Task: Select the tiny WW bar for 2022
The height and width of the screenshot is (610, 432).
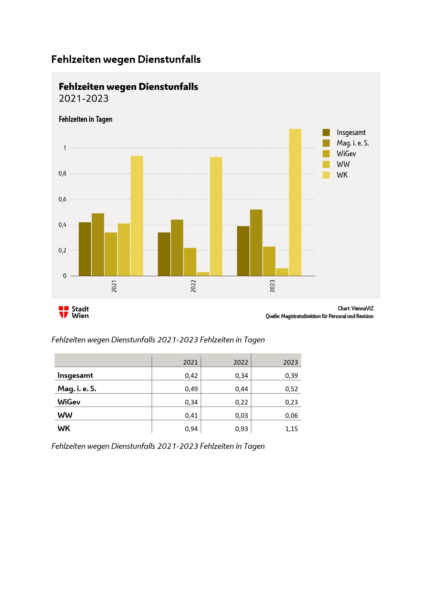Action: point(203,274)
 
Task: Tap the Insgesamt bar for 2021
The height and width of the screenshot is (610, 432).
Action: point(85,249)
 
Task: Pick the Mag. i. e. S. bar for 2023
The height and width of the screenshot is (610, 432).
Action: point(256,243)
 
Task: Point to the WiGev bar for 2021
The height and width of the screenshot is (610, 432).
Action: point(111,254)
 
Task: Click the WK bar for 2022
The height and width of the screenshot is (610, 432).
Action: point(216,216)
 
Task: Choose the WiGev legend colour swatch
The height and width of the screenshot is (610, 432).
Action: point(326,154)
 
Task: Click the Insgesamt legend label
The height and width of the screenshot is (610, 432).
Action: point(351,132)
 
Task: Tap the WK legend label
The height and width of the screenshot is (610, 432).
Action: point(342,175)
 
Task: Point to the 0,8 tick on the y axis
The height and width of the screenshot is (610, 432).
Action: point(62,173)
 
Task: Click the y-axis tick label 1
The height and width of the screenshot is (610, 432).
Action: point(65,148)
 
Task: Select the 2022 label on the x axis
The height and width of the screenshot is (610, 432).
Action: point(193,286)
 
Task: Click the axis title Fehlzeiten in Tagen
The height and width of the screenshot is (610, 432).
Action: point(85,119)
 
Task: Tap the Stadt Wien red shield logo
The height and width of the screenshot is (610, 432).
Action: point(63,312)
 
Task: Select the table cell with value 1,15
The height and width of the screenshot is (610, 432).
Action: point(291,429)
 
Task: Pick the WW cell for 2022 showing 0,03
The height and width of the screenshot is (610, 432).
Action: point(241,415)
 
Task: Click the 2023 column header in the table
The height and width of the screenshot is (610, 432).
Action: point(290,363)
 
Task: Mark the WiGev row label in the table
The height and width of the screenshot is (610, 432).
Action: point(69,402)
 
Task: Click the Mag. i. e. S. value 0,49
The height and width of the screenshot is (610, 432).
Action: point(191,389)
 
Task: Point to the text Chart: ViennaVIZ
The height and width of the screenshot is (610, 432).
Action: point(355,309)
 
